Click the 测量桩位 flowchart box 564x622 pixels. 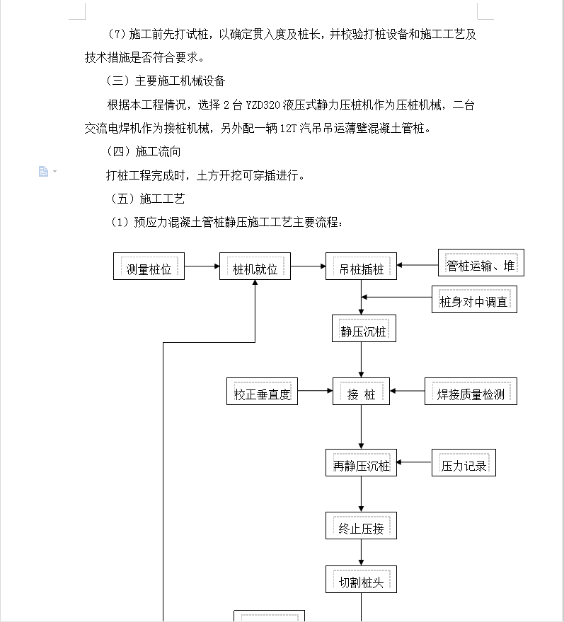pos(149,266)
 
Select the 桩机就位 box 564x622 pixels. pos(255,266)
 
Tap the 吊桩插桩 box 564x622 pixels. pos(361,266)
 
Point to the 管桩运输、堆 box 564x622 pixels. pos(481,263)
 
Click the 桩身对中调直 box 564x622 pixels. pos(474,299)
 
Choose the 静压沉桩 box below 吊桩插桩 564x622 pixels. pos(364,328)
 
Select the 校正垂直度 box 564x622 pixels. pos(262,391)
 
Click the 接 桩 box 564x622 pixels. pos(361,391)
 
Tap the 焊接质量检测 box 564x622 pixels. pos(471,391)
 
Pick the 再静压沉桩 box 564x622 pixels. pos(361,462)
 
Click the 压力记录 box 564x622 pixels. pos(464,462)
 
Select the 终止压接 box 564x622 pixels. pos(361,526)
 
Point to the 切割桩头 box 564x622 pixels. pos(361,579)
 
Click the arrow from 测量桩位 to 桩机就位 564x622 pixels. pos(202,266)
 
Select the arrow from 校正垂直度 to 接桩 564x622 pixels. pos(316,391)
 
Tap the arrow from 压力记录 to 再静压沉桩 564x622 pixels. pos(414,462)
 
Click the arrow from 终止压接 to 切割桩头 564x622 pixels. pos(361,552)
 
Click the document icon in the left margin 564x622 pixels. pos(43,171)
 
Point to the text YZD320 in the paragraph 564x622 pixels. pos(263,105)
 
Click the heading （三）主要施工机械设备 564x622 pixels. pos(166,81)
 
